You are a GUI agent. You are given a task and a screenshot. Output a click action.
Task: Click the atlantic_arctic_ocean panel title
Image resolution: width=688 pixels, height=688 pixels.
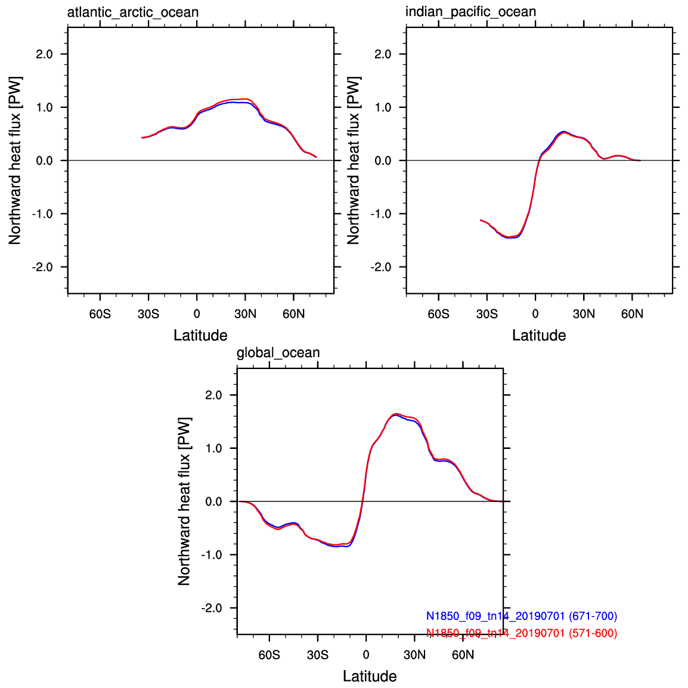pos(133,12)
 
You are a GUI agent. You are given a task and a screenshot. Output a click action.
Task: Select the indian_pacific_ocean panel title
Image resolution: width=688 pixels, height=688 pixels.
pos(471,11)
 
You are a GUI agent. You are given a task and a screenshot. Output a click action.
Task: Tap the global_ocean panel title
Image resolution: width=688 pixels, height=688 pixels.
pos(278,353)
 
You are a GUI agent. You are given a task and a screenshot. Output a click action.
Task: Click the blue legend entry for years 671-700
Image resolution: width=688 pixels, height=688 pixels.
pos(522,616)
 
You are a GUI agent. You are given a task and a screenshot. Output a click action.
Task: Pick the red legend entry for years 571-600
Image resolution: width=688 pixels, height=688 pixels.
pos(522,633)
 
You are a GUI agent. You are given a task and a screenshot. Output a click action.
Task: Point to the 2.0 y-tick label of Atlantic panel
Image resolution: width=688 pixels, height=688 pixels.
pos(44,54)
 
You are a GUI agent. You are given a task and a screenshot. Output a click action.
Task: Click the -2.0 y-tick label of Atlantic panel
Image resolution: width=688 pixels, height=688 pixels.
pos(42,267)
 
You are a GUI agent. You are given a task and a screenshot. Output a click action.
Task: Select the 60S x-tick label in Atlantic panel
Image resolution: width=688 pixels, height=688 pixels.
pos(100,314)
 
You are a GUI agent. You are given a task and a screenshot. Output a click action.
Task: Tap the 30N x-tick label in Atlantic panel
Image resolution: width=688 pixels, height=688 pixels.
pos(245,314)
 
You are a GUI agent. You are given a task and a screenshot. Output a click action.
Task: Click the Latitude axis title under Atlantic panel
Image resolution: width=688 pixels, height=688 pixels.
pos(200,335)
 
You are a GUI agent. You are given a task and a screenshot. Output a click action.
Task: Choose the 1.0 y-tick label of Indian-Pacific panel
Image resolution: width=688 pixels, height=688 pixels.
pos(383,107)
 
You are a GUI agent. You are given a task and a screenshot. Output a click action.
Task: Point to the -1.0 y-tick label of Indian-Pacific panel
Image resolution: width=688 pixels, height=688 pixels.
pos(381,214)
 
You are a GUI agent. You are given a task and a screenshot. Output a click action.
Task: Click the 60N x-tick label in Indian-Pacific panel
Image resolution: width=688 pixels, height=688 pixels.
pos(633,314)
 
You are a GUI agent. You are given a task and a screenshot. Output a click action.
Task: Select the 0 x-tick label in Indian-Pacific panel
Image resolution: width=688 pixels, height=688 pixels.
pos(535,314)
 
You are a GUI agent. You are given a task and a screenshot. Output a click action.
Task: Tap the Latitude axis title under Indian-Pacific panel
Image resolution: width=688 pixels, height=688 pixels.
pos(540,335)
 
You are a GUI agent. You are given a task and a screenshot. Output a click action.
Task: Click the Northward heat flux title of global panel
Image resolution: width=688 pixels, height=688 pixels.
pos(184,501)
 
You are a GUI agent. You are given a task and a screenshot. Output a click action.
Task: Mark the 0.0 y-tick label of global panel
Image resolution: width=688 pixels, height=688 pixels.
pos(213,501)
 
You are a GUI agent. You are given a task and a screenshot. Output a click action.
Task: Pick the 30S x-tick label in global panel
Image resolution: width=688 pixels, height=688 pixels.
pos(318,655)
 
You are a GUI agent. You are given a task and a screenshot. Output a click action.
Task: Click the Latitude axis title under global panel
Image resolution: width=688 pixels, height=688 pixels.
pos(370,676)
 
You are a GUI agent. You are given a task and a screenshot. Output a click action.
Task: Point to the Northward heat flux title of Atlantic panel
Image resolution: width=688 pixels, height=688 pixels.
pos(15,160)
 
